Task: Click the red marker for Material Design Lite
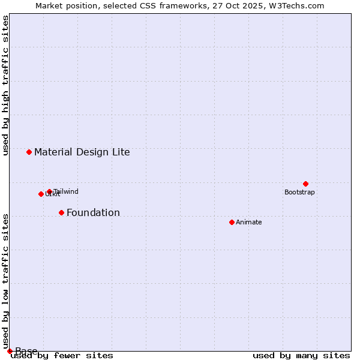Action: click(x=29, y=152)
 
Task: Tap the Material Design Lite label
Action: click(x=82, y=152)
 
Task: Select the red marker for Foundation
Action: click(x=61, y=212)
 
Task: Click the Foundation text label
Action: click(x=93, y=212)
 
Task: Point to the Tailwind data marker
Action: click(x=49, y=191)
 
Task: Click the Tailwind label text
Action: click(x=66, y=191)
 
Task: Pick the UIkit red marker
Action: click(x=41, y=194)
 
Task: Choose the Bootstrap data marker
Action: click(x=305, y=184)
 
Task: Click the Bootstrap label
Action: click(x=299, y=192)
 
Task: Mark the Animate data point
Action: click(x=232, y=222)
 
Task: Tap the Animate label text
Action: click(x=248, y=222)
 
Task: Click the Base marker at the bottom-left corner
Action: click(x=10, y=351)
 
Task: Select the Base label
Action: click(x=26, y=351)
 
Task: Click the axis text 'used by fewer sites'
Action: click(x=62, y=355)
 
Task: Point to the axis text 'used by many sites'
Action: click(x=301, y=355)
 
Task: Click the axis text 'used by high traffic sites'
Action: click(x=6, y=85)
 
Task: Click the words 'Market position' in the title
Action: click(x=65, y=5)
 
